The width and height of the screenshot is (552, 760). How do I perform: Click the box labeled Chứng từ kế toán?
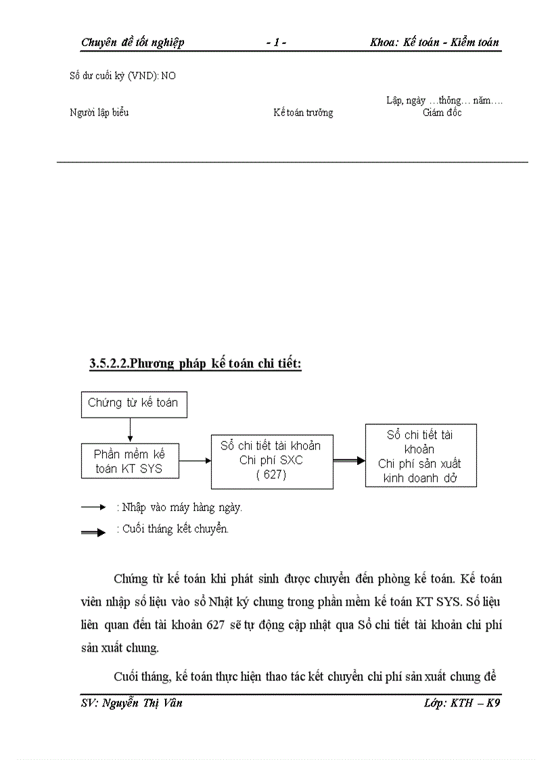(x=134, y=404)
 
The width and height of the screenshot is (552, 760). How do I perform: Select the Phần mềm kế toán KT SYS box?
(x=131, y=461)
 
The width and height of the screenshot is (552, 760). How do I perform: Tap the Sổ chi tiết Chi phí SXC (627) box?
(x=271, y=461)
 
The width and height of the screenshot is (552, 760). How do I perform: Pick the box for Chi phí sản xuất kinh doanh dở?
(x=420, y=455)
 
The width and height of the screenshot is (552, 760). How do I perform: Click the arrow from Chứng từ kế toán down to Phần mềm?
(x=131, y=430)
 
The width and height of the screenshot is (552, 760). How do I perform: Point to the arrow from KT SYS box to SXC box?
(x=195, y=461)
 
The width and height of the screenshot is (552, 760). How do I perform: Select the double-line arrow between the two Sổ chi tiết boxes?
(x=349, y=460)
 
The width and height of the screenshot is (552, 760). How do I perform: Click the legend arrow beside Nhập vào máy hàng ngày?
(x=93, y=507)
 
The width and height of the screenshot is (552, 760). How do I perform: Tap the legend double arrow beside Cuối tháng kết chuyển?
(x=93, y=533)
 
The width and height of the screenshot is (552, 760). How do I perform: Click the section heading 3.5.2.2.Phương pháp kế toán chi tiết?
(x=195, y=364)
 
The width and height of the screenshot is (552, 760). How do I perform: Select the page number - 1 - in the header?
(x=276, y=43)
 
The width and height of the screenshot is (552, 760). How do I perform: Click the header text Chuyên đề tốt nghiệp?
(x=133, y=43)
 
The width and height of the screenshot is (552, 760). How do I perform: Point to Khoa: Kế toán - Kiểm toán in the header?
(x=434, y=43)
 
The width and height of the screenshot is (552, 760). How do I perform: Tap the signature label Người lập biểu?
(x=99, y=113)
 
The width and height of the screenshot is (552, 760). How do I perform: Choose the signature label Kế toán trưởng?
(x=303, y=113)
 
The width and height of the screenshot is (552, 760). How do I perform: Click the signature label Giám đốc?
(x=442, y=113)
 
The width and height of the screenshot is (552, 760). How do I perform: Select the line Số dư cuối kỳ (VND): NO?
(x=122, y=76)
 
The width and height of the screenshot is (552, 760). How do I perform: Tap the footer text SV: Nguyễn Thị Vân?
(x=131, y=703)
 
